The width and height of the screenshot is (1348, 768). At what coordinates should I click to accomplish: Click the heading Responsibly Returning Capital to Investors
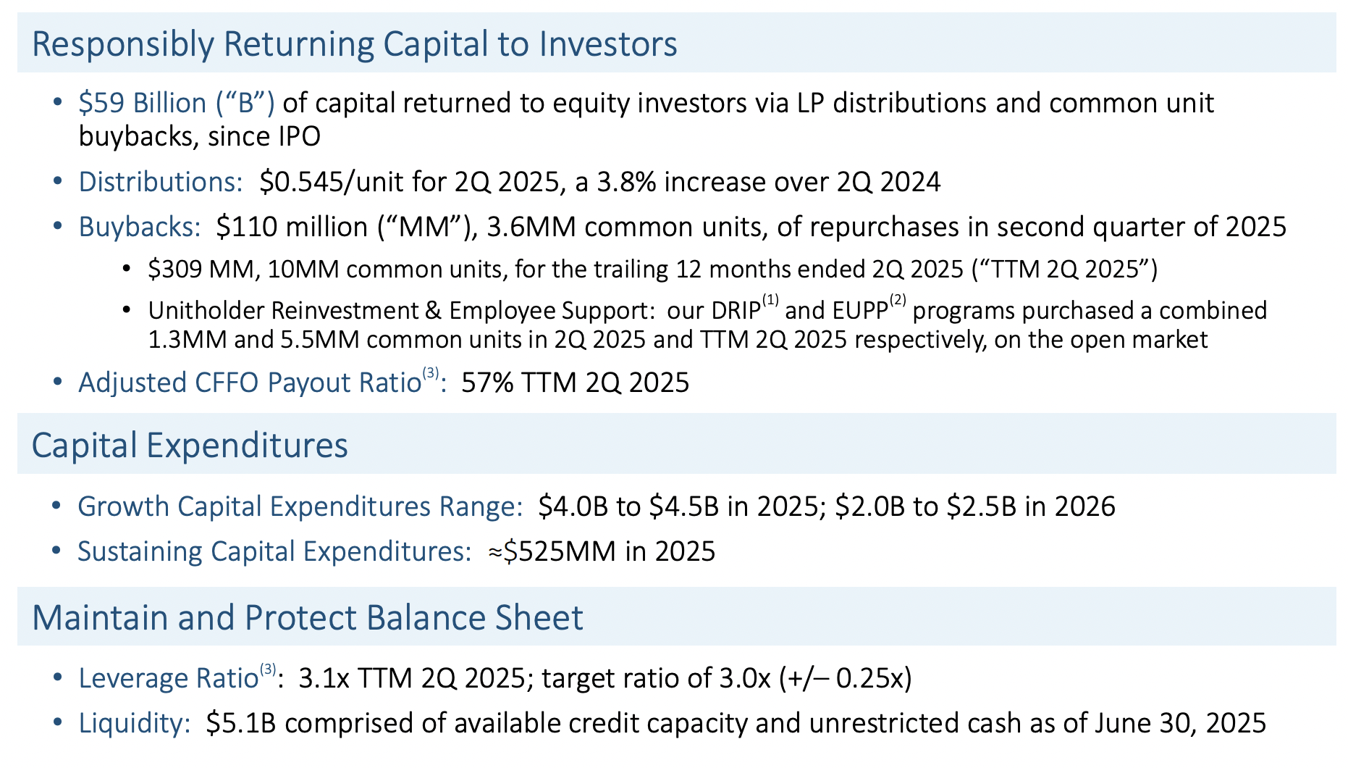[354, 43]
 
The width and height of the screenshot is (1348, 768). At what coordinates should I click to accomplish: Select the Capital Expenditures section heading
[190, 445]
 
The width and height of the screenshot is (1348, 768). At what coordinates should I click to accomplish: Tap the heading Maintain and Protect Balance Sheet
[308, 617]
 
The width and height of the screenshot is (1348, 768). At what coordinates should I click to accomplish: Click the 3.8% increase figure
[626, 181]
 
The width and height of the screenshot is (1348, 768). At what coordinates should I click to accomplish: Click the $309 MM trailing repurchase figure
[201, 270]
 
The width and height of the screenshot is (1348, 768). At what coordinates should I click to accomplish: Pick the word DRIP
[736, 311]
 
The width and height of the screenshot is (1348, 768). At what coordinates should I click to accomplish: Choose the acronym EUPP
[860, 311]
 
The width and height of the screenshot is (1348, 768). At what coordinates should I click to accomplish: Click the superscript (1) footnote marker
[770, 300]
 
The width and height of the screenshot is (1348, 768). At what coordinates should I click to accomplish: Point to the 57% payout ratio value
[486, 383]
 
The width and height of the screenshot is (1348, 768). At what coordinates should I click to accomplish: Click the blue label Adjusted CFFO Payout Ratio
[250, 383]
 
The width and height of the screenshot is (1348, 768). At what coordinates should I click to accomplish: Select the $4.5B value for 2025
[684, 506]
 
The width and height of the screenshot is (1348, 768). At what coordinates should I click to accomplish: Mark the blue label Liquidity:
[135, 723]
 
